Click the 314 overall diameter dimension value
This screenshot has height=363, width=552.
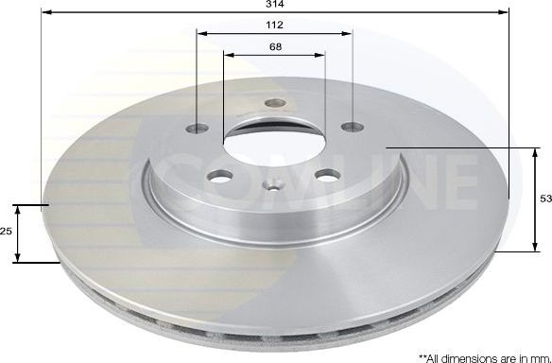click(275, 5)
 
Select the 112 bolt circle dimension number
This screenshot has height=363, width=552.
click(274, 26)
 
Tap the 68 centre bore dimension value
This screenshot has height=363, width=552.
click(274, 47)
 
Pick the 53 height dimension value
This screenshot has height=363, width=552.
click(543, 200)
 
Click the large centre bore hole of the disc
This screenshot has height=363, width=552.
click(274, 140)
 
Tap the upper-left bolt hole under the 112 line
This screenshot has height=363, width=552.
click(197, 127)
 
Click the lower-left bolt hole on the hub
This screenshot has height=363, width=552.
click(221, 175)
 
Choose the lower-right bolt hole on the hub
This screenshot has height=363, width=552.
click(327, 175)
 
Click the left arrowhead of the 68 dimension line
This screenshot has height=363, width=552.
click(227, 54)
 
